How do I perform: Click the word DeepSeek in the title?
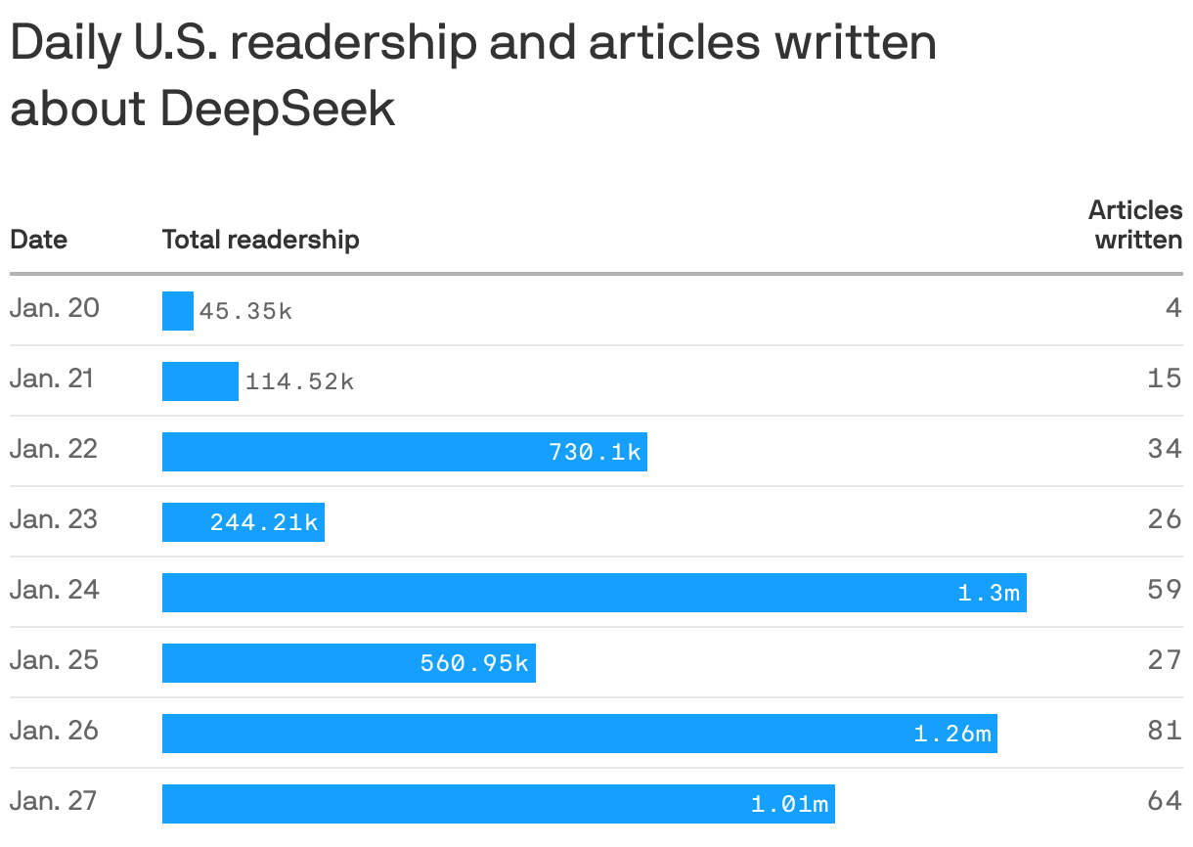(x=278, y=109)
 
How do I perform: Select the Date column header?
(x=38, y=240)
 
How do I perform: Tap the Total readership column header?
(x=260, y=240)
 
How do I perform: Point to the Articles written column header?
(x=1135, y=225)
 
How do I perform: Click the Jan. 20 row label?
(x=55, y=309)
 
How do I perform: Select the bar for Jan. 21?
(x=199, y=381)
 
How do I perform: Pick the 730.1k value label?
(x=595, y=452)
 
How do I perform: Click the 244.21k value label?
(x=264, y=522)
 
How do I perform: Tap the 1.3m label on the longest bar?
(x=989, y=593)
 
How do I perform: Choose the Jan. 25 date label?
(x=55, y=661)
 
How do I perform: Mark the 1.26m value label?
(x=952, y=734)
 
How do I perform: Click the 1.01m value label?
(x=790, y=804)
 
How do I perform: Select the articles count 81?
(x=1165, y=731)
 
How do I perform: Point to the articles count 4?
(x=1173, y=309)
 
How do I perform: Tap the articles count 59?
(x=1165, y=591)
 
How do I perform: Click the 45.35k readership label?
(x=245, y=312)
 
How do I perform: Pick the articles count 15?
(x=1165, y=379)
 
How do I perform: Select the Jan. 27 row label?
(x=55, y=802)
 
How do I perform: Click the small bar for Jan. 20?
(x=177, y=311)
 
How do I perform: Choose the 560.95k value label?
(x=474, y=663)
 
